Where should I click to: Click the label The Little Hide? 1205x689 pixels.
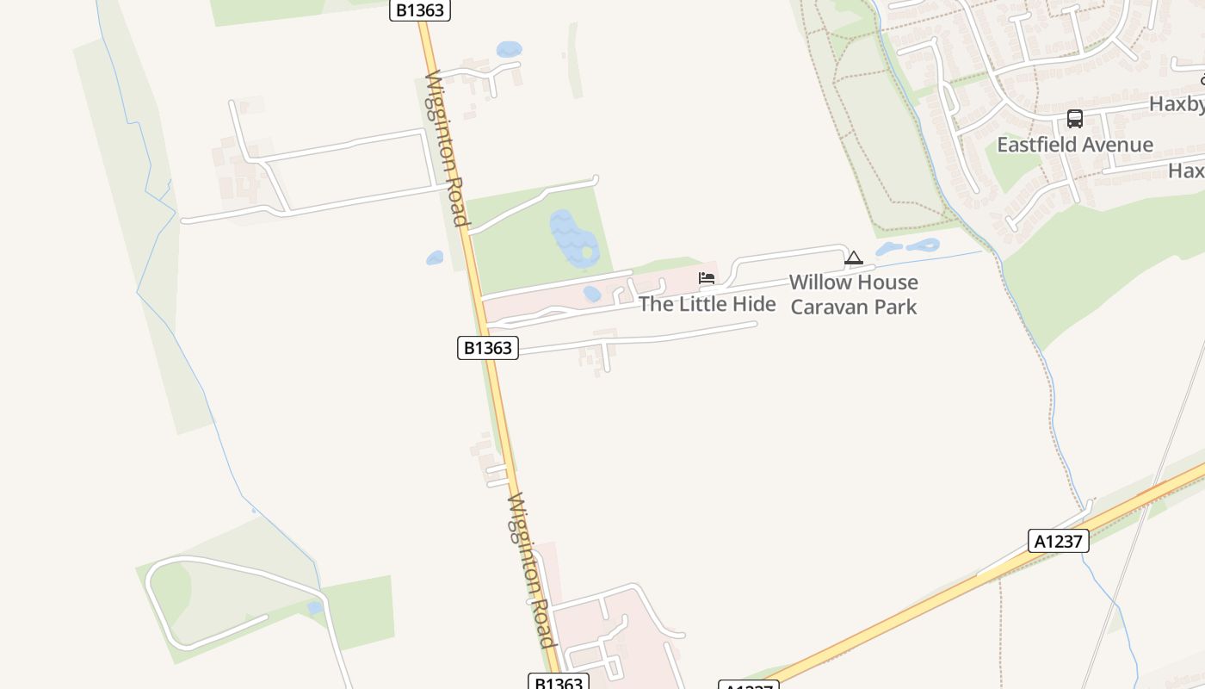click(x=707, y=304)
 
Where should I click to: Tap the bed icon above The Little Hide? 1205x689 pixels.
click(x=707, y=277)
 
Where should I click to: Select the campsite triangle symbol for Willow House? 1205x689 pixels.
click(x=853, y=258)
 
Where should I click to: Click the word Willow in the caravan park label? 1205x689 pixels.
click(x=818, y=282)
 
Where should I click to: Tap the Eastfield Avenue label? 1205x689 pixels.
click(x=1074, y=145)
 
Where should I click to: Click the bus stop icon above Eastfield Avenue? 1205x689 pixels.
click(x=1074, y=119)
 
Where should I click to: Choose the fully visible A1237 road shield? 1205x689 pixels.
click(x=1058, y=541)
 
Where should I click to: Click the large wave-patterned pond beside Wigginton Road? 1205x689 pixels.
click(x=574, y=237)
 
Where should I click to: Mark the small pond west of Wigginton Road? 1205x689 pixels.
click(x=435, y=258)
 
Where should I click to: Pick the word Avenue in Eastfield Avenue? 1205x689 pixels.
click(x=1118, y=145)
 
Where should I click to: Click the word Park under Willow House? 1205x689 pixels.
click(x=897, y=307)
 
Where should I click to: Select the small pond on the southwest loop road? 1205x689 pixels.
click(x=315, y=607)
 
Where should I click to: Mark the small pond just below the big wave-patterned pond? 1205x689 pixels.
click(x=592, y=294)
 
